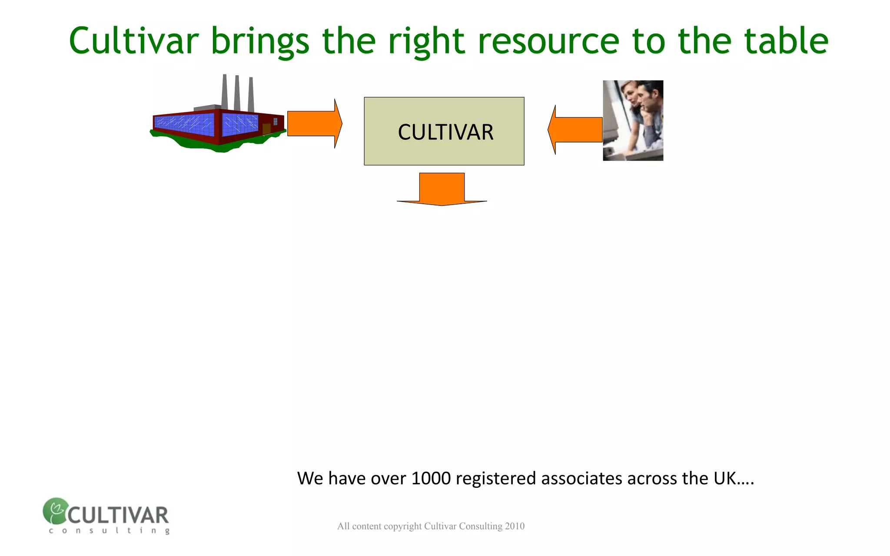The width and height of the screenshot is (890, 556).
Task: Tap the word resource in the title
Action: pyautogui.click(x=548, y=41)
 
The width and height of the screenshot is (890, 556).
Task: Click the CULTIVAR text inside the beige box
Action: pyautogui.click(x=445, y=132)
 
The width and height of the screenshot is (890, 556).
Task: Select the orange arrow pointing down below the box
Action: pyautogui.click(x=442, y=189)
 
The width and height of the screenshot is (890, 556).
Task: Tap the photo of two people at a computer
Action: pyautogui.click(x=633, y=120)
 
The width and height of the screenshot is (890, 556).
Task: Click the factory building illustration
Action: pyautogui.click(x=217, y=126)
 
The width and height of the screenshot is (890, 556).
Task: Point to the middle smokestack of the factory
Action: pyautogui.click(x=237, y=93)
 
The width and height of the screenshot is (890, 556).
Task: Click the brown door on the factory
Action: pyautogui.click(x=266, y=129)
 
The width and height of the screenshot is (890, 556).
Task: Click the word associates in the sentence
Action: pyautogui.click(x=581, y=478)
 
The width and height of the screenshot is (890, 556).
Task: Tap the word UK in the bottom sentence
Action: pyautogui.click(x=724, y=478)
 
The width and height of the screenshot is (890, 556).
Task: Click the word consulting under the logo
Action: pyautogui.click(x=109, y=530)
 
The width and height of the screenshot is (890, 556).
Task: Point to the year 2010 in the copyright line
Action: pyautogui.click(x=515, y=526)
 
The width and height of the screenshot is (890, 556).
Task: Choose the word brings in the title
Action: pyautogui.click(x=260, y=41)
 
